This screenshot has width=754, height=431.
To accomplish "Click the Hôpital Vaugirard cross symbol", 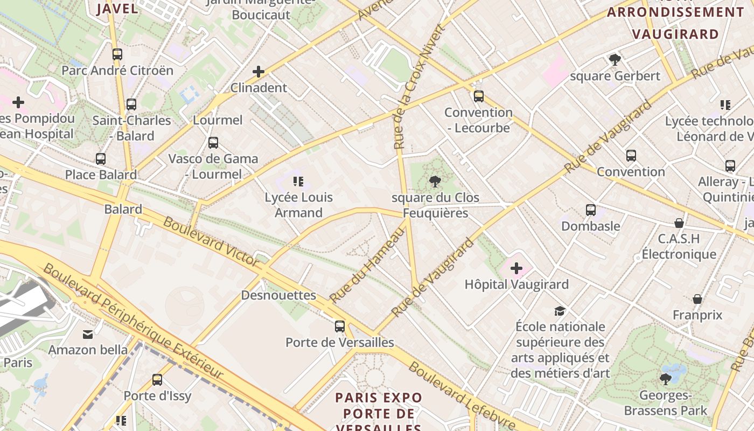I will click(x=516, y=268).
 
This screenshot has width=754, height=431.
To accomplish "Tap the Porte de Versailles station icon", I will click(x=340, y=326).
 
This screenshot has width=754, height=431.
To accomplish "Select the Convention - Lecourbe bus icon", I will click(x=479, y=96).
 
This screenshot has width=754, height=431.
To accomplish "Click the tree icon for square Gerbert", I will click(x=615, y=60).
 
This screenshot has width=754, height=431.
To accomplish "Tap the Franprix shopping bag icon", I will click(x=697, y=299).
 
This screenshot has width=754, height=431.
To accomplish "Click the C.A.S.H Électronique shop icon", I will click(x=679, y=223).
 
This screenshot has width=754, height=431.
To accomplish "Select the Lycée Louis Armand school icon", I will click(x=298, y=182).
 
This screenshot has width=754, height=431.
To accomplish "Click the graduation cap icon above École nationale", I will click(x=560, y=311).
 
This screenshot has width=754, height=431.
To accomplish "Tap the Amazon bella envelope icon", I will click(x=88, y=335).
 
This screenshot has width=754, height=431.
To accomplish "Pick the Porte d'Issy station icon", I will click(x=157, y=380).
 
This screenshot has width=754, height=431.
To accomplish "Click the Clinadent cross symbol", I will click(x=259, y=72).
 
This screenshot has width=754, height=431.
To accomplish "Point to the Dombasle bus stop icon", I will click(x=591, y=210).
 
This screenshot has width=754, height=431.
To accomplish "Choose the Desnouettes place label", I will click(x=278, y=295).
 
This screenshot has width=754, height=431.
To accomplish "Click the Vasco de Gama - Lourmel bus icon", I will click(x=213, y=143).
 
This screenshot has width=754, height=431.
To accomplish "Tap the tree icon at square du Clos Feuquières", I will click(x=435, y=182).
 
